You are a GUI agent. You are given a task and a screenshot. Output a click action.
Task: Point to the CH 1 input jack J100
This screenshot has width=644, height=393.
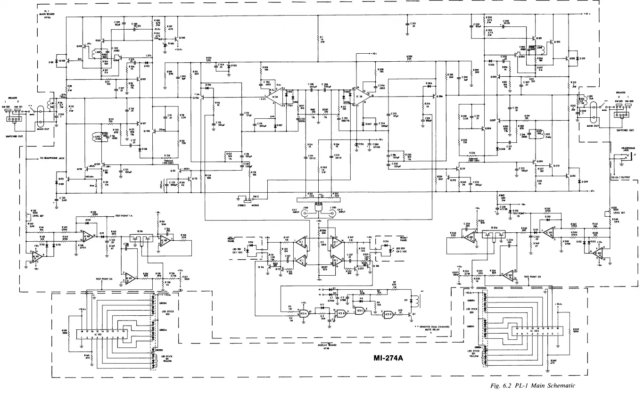pyautogui.click(x=305, y=213)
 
